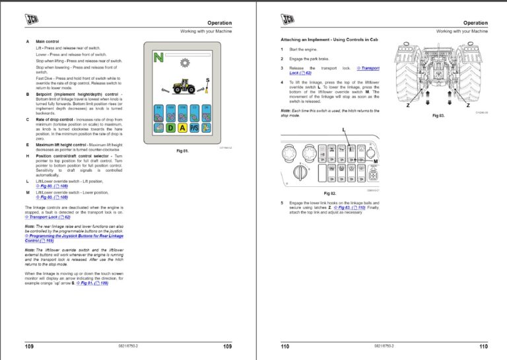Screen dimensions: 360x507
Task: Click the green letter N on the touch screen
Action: [x=158, y=58]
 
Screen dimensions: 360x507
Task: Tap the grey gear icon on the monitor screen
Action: [x=184, y=63]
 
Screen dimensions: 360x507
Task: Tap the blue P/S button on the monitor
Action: [x=195, y=127]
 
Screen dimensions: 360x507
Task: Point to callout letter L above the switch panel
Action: [x=344, y=129]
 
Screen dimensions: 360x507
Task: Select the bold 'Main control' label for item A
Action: [x=48, y=41]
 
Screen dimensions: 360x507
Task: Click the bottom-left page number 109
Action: [x=29, y=346]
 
